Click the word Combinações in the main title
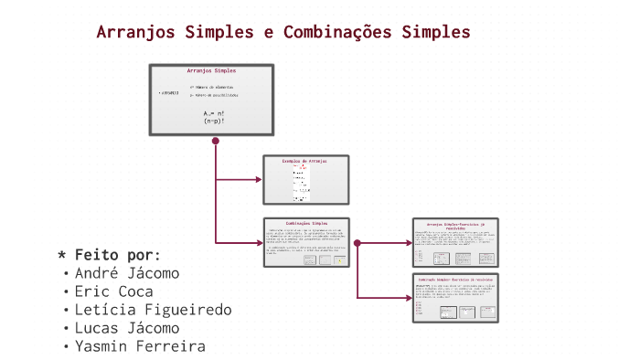(x=337, y=32)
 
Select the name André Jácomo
(x=127, y=273)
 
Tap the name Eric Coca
(x=114, y=291)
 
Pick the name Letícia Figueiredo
(x=153, y=310)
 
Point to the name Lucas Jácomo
(x=127, y=328)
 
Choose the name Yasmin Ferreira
(x=140, y=346)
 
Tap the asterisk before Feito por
(x=61, y=255)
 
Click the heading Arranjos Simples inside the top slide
(x=211, y=70)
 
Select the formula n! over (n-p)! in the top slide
(x=214, y=116)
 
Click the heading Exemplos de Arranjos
(x=304, y=161)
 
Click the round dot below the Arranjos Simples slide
(x=216, y=141)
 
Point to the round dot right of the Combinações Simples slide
(x=357, y=243)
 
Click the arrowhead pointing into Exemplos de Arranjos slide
(x=259, y=179)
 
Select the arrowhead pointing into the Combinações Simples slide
(x=259, y=243)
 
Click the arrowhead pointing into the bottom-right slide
(x=409, y=298)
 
